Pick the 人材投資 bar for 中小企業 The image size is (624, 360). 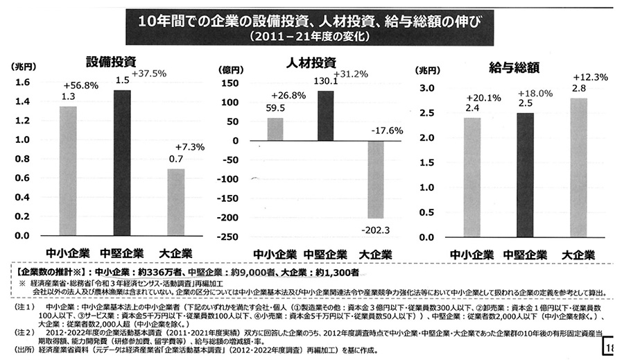275,129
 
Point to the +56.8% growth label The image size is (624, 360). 81,85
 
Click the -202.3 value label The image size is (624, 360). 376,230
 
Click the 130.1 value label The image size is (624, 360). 325,81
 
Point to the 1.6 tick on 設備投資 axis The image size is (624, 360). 23,83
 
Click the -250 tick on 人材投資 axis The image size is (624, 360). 229,237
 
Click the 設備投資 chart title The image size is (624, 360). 110,60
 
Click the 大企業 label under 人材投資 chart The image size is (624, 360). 375,253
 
